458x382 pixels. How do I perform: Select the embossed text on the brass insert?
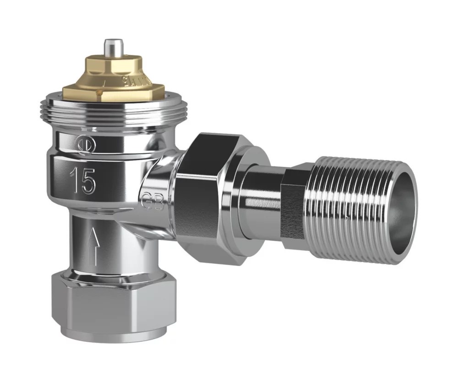tap(129, 81)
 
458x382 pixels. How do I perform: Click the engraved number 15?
tap(83, 180)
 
